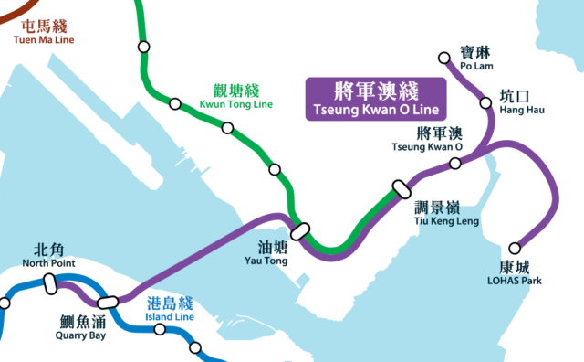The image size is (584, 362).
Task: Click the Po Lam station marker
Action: coord(445,59)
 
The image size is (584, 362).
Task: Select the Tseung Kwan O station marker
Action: coord(455,164)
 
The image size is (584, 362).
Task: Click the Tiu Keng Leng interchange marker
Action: coord(401,187)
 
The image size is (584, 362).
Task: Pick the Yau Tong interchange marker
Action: coord(300,229)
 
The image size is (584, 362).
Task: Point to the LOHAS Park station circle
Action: coord(515,248)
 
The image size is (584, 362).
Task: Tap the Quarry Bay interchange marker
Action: coord(108,301)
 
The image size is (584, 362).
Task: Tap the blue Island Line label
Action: coord(170,309)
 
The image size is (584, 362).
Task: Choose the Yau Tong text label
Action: coord(272,253)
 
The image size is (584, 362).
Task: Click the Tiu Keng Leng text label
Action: coord(433,214)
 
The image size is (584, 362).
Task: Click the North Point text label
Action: coord(49,256)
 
